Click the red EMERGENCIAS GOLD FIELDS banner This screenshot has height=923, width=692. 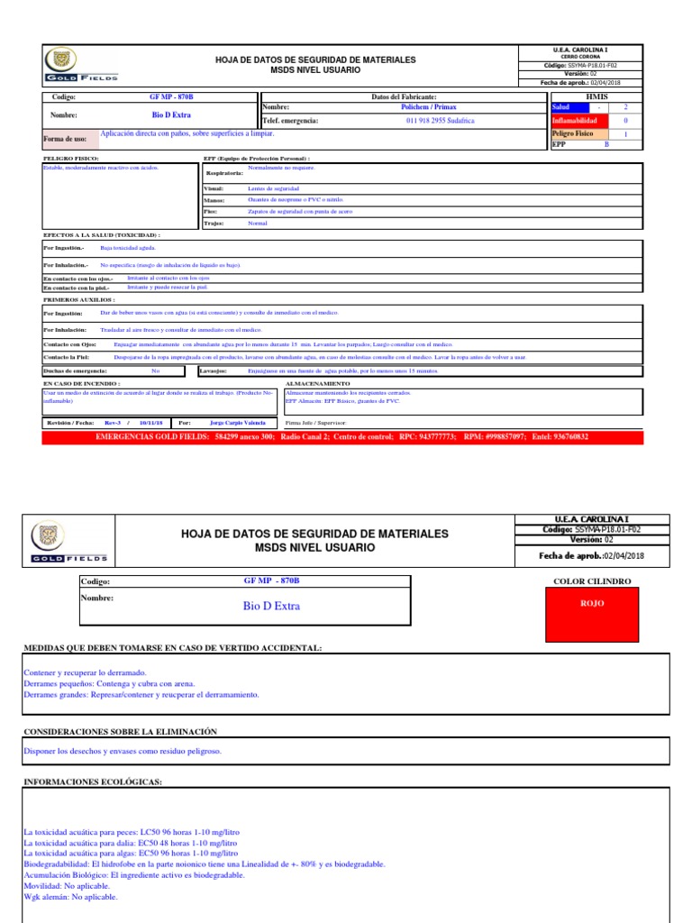(341, 436)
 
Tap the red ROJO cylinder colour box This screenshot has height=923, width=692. (592, 604)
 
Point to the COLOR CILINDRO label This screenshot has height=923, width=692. (592, 582)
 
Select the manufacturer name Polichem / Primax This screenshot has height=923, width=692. (428, 106)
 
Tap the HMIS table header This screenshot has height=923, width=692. (596, 96)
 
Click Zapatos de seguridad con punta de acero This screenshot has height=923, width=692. (300, 211)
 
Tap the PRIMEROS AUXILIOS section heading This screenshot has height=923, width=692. (79, 297)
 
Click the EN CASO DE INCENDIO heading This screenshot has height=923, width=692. (82, 383)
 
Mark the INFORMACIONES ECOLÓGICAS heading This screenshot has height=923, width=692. (92, 781)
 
